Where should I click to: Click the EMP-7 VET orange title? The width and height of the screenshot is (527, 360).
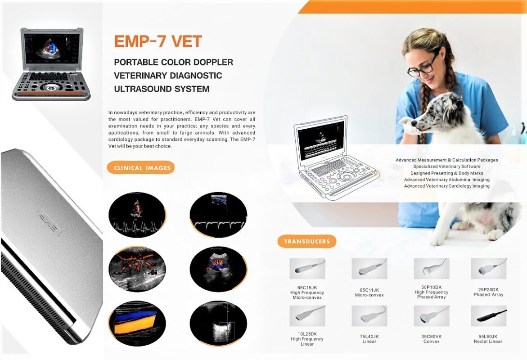(x=158, y=41)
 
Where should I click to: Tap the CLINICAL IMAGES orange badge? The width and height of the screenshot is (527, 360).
(x=140, y=168)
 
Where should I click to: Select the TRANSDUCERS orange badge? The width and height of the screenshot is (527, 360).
(x=307, y=241)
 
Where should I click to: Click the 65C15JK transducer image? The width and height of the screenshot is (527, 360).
(x=307, y=269)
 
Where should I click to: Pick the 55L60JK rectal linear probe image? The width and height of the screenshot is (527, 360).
(x=488, y=316)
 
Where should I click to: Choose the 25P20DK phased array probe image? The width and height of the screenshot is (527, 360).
(x=488, y=269)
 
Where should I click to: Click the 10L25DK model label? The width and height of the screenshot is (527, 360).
(x=307, y=334)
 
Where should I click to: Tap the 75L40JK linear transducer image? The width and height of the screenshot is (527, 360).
(x=369, y=316)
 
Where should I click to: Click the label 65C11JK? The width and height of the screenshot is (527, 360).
(x=369, y=290)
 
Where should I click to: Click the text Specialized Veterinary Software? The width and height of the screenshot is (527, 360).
(x=446, y=166)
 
